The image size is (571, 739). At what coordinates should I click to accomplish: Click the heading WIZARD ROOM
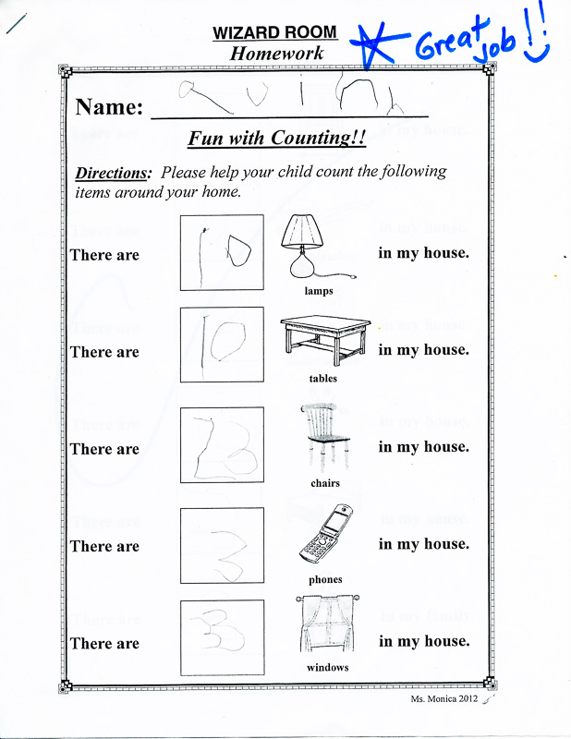coord(274,33)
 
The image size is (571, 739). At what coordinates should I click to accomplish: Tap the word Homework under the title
coord(276,54)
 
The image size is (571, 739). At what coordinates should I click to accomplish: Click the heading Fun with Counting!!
coord(277,139)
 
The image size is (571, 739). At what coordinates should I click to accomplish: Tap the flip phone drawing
coord(323,535)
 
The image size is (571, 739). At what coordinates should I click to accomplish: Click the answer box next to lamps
coord(222,252)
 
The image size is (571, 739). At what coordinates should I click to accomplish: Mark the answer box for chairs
coord(222,446)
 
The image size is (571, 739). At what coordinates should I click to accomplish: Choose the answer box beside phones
coord(222,544)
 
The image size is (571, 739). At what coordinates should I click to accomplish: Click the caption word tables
coord(322,379)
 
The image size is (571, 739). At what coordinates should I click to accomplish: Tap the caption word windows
coord(327,668)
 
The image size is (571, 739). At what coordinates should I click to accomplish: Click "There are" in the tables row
coord(104,352)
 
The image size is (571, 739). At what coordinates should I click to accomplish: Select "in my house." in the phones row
coord(423,544)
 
